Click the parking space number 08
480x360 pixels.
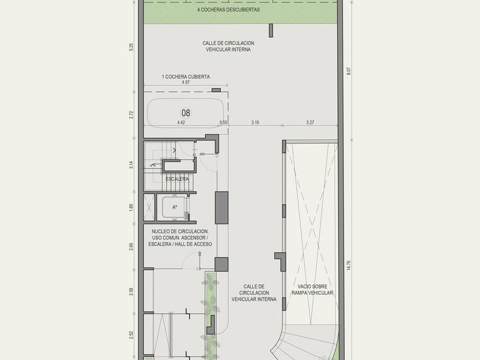coord(186,113)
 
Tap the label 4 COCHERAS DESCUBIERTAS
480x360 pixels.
coord(229,10)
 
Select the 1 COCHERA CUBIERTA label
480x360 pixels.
coord(186,77)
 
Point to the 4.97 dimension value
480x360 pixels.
coord(186,82)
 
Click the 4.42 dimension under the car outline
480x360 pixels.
coord(181,122)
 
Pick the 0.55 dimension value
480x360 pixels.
coord(223,122)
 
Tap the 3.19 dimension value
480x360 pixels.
coord(255,122)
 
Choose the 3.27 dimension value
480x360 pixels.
coord(310,122)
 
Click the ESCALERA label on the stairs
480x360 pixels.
coord(177,179)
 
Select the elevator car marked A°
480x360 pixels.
coord(174,207)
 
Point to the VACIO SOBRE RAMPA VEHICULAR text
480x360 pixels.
coord(312,290)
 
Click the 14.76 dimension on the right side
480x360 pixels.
coord(349,265)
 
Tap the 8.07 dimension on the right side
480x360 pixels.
coord(349,71)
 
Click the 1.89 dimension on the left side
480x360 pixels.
coord(131,207)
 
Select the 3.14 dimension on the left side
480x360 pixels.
coord(131,165)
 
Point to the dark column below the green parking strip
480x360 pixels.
coord(271,31)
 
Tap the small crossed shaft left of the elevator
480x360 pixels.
coord(149,207)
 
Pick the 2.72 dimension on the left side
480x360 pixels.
coord(131,115)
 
